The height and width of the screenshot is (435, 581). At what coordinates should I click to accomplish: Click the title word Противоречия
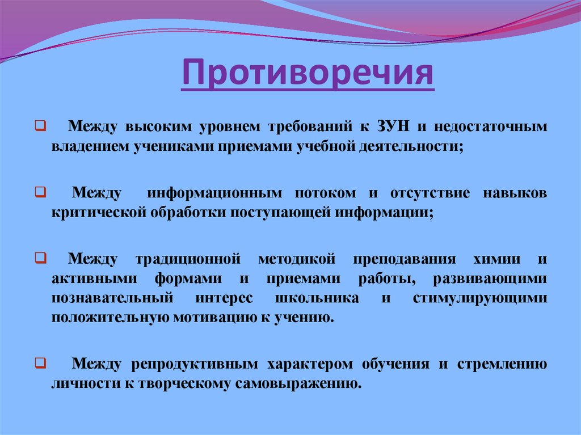point(307,75)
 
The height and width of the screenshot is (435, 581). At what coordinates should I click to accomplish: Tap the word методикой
point(293,259)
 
